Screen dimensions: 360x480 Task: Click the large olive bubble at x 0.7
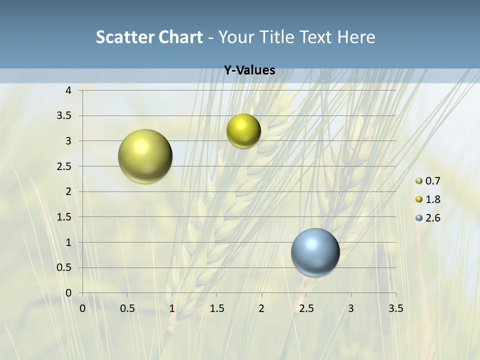click(x=145, y=156)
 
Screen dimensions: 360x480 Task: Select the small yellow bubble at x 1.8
click(x=243, y=131)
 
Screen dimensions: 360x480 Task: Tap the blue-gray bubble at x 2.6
click(x=315, y=252)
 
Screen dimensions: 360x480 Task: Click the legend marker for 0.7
click(x=419, y=181)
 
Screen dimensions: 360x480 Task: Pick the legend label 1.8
click(x=433, y=199)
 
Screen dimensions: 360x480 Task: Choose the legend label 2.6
click(x=433, y=218)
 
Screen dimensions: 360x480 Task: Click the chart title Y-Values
click(x=249, y=70)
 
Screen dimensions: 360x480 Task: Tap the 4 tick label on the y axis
click(x=68, y=90)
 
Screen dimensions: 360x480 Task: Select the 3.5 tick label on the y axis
click(x=65, y=116)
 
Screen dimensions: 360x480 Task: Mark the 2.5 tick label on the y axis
click(x=65, y=166)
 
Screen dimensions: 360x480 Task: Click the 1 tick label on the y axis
click(x=68, y=242)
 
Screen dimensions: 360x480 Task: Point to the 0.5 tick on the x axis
click(x=127, y=308)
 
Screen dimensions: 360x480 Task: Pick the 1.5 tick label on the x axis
click(x=216, y=308)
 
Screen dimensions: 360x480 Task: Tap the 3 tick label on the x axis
click(x=351, y=308)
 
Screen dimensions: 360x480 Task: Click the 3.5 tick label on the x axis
click(x=395, y=308)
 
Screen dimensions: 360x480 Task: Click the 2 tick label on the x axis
click(x=261, y=308)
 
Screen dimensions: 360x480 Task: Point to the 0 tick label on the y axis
click(x=68, y=293)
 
